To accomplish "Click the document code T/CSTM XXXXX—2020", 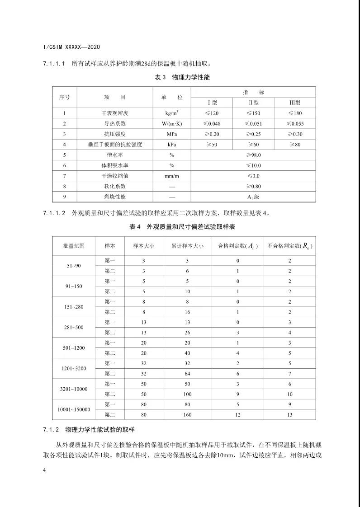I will (x=71, y=47).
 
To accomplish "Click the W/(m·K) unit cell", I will (x=172, y=123).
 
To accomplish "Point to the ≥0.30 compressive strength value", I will (x=294, y=134).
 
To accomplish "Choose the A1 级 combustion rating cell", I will (x=253, y=197).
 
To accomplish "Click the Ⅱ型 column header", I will (x=253, y=103).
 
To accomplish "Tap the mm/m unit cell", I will (x=172, y=176).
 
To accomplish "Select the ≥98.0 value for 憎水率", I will (x=253, y=155).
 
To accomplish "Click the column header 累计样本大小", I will (x=187, y=246).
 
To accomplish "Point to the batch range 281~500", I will (x=74, y=327).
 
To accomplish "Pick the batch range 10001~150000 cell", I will (x=74, y=409).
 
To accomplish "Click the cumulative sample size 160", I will (x=187, y=414).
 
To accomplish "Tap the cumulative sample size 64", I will (x=187, y=373).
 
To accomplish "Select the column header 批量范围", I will (x=74, y=246).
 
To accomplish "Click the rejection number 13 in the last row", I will (x=290, y=414).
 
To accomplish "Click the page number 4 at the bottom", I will (x=44, y=470).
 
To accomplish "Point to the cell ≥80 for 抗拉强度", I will (x=294, y=144).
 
